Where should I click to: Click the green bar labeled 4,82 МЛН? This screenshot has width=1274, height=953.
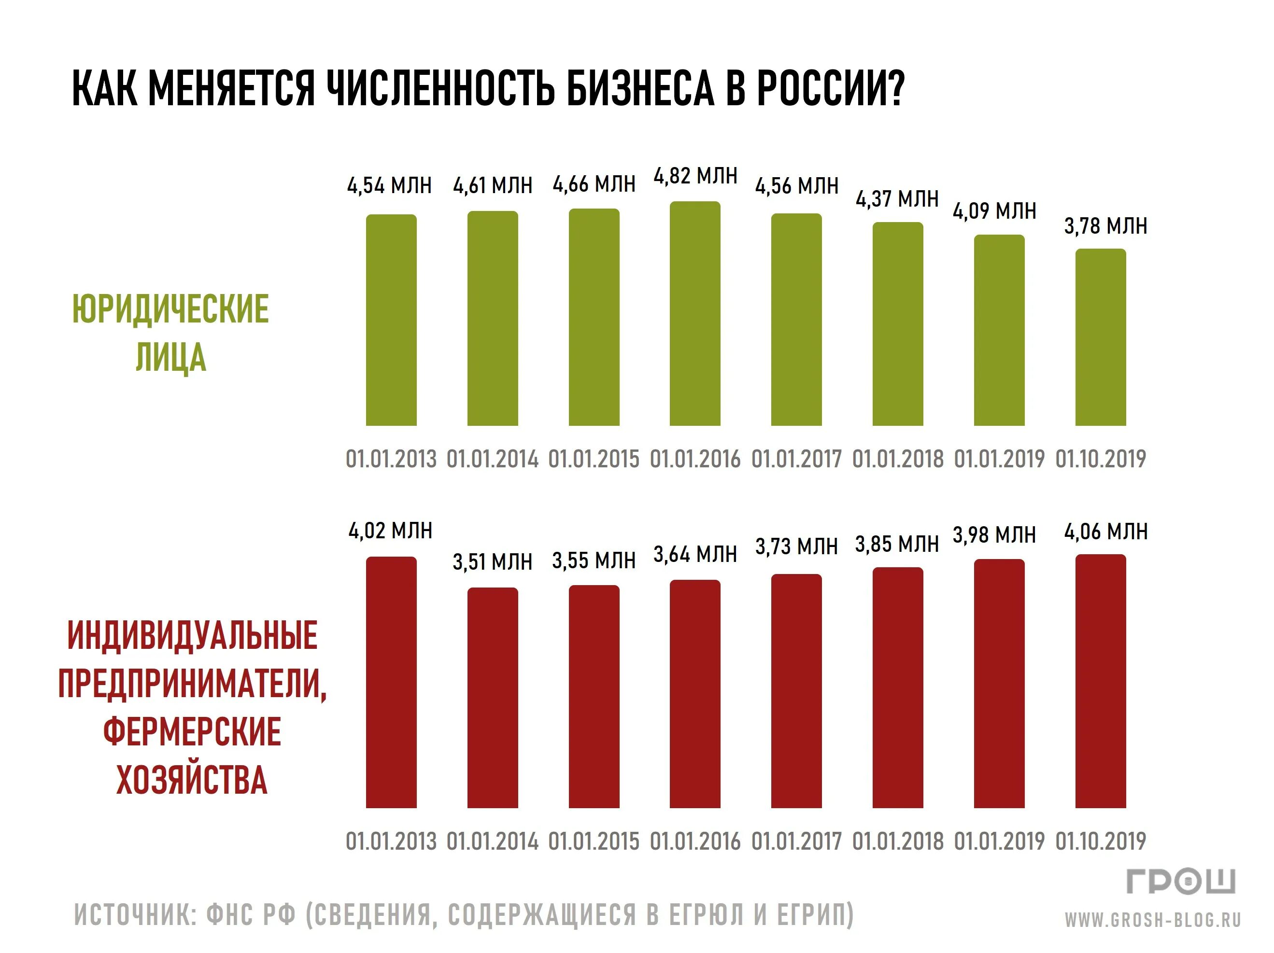694,314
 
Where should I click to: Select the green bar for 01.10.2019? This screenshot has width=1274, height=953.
1100,337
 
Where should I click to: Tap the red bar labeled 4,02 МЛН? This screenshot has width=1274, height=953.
391,682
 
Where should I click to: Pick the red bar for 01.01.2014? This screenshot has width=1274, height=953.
493,697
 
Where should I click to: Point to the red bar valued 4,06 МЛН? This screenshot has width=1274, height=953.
1100,681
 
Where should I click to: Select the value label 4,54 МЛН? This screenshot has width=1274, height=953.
389,186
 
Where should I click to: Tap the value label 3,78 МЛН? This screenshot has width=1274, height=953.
1105,226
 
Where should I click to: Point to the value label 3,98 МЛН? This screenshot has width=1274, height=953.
994,535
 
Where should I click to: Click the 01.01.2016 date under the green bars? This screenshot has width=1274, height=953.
694,459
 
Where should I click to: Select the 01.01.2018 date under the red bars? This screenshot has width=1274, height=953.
898,841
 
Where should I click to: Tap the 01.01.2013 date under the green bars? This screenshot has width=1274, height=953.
391,459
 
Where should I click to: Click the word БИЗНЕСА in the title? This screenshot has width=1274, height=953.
640,89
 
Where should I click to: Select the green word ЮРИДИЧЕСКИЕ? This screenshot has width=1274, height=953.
170,309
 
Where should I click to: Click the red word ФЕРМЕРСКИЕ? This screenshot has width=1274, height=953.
192,732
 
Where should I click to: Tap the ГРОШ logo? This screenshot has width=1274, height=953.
1181,882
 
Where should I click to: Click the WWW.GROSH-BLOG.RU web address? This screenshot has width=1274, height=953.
1152,920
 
